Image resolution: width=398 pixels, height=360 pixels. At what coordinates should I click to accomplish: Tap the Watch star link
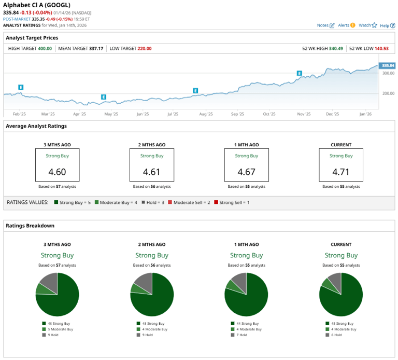pyautogui.click(x=367, y=25)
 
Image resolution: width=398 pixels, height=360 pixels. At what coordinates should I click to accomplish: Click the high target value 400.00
pyautogui.click(x=45, y=48)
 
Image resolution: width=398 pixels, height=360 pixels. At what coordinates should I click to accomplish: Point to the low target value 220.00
pyautogui.click(x=145, y=48)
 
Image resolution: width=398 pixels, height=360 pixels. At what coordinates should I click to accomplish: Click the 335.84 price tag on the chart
pyautogui.click(x=387, y=65)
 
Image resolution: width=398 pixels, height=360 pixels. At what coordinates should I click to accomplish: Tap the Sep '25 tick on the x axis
pyautogui.click(x=237, y=114)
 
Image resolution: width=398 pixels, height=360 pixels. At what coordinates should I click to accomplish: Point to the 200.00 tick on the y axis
pyautogui.click(x=388, y=94)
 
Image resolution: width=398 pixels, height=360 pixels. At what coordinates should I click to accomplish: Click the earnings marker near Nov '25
pyautogui.click(x=299, y=74)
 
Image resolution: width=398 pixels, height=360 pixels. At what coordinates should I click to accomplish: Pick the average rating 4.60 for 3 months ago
pyautogui.click(x=57, y=172)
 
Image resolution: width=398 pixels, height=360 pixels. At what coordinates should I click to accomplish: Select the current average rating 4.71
pyautogui.click(x=340, y=172)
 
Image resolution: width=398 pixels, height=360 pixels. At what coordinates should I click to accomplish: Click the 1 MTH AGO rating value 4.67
pyautogui.click(x=246, y=172)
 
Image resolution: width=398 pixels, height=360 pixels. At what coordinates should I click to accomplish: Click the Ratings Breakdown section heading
pyautogui.click(x=30, y=226)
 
